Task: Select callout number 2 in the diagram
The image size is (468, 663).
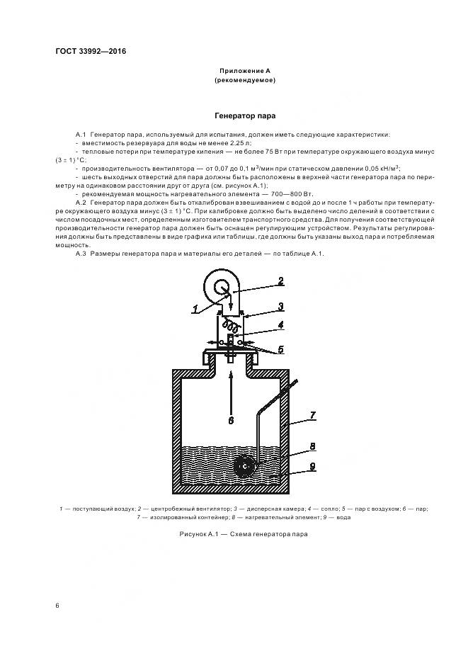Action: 280,280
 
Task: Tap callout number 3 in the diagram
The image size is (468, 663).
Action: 280,306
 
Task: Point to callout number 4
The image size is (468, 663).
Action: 280,326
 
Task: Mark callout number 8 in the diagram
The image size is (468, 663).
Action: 312,447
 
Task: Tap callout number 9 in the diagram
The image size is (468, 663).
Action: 312,467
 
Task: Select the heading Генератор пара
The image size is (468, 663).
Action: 244,115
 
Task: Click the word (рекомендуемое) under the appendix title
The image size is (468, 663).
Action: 244,80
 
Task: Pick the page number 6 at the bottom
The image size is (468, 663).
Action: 57,605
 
